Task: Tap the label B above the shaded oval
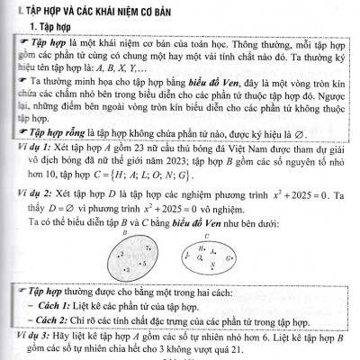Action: click(x=124, y=233)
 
